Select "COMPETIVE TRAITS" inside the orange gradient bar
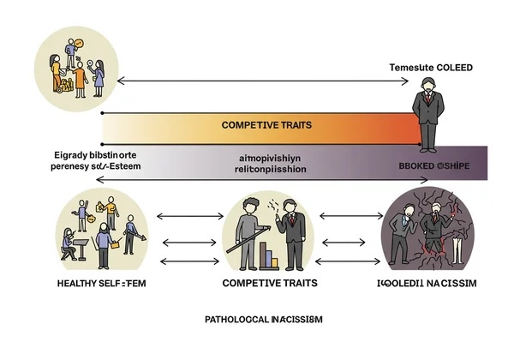(266, 125)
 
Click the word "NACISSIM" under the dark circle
(453, 283)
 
